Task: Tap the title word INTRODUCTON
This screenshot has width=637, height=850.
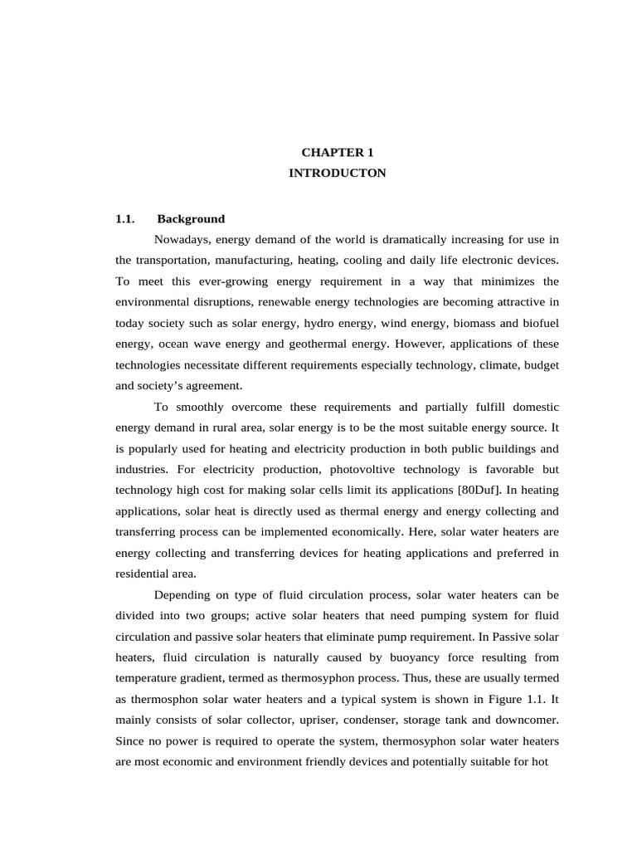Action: point(337,173)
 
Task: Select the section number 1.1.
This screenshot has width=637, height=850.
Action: point(124,219)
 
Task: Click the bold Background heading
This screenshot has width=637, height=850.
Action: point(191,219)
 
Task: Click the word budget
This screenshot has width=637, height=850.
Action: point(541,364)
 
